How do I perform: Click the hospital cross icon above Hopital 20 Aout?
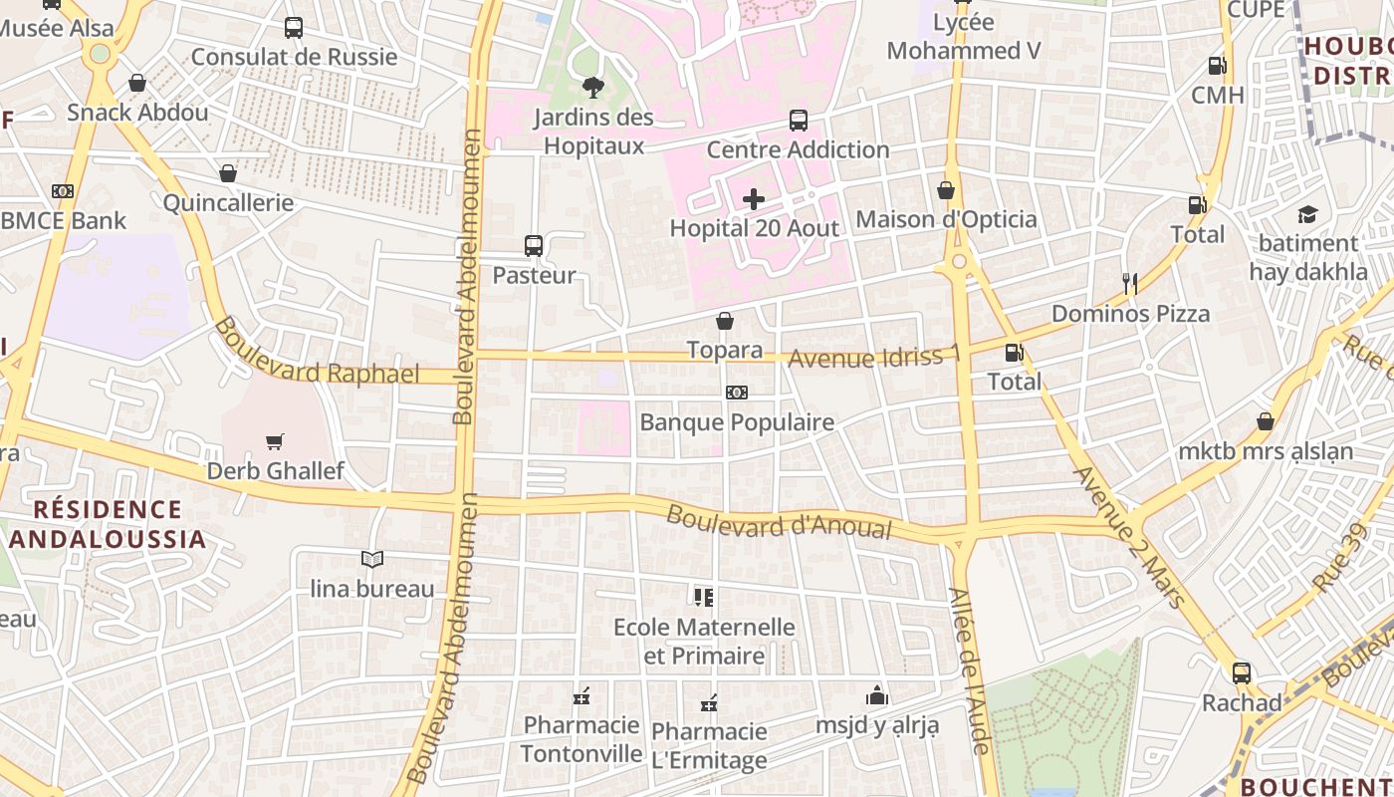[754, 200]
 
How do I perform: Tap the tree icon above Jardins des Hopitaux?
[593, 88]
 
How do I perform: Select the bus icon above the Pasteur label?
[534, 246]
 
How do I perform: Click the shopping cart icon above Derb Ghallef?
[275, 441]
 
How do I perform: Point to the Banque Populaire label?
[737, 422]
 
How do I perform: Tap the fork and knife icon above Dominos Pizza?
[1129, 284]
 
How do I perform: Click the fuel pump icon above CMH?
[1217, 66]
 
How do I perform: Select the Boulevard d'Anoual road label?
[779, 522]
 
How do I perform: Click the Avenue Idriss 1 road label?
[875, 357]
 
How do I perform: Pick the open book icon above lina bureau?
[372, 560]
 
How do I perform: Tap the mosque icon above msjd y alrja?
[877, 695]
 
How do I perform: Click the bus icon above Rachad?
[1241, 672]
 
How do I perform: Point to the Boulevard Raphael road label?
[316, 353]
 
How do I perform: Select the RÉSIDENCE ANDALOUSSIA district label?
[108, 525]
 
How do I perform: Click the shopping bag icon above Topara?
[725, 321]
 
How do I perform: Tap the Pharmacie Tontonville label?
[581, 739]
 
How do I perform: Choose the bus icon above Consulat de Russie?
[294, 28]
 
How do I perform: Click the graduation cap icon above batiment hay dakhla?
[1307, 214]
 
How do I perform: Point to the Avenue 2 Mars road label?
[1129, 536]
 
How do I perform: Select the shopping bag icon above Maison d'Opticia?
[946, 190]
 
